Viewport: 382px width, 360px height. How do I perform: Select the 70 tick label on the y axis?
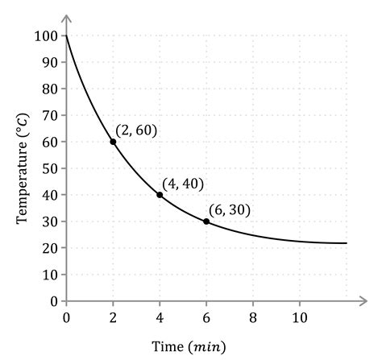coord(51,115)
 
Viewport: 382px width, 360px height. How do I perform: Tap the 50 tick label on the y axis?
coord(51,168)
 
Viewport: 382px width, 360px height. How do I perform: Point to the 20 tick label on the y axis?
coord(51,248)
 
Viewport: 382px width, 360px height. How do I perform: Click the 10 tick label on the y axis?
coord(51,275)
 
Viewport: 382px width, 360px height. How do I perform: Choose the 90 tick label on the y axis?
coord(51,63)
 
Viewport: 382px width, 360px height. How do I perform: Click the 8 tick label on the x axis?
coord(253,316)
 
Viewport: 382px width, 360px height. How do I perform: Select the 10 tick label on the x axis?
coord(300,316)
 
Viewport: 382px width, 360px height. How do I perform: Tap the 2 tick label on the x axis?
coord(113,316)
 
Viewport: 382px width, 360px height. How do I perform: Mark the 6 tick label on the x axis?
coord(206,316)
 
